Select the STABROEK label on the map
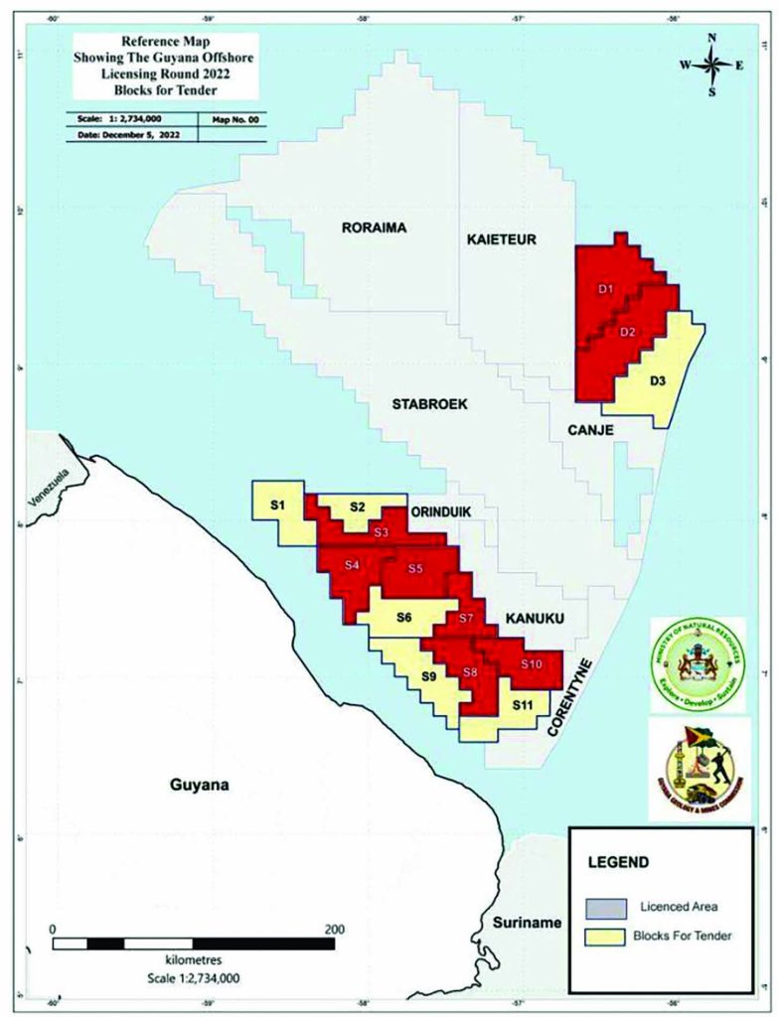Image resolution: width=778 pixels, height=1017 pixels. pos(429,404)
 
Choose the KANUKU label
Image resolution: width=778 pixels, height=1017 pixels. pos(535,618)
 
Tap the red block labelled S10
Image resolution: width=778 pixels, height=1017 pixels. pos(530,663)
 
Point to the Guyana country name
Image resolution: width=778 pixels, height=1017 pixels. pos(194,785)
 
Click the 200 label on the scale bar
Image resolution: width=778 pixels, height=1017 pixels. pos(334,929)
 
